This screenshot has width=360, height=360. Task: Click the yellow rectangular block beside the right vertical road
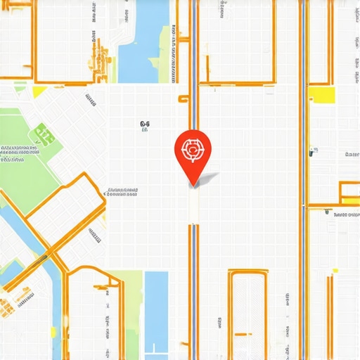(x=321, y=96)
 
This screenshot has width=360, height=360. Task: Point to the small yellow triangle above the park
(x=39, y=91)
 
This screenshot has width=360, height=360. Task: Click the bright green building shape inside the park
(x=44, y=133)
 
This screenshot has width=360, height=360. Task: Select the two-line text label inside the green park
(x=19, y=154)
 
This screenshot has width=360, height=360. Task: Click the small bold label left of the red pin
(x=144, y=126)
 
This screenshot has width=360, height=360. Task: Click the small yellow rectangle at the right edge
(x=348, y=214)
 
